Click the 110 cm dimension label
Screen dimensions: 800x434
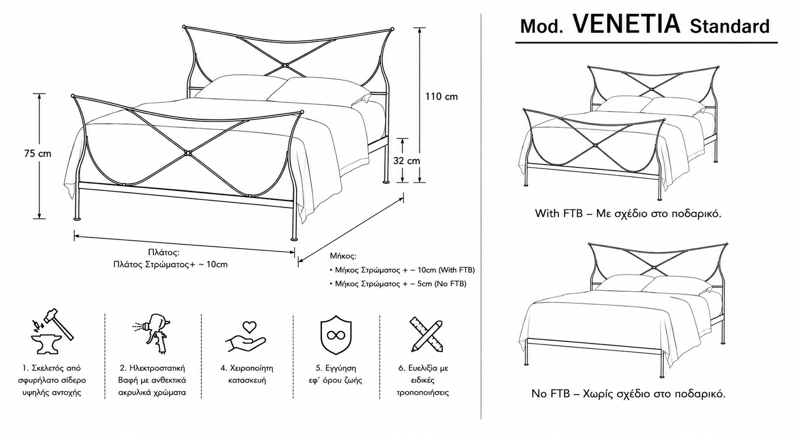click(442, 97)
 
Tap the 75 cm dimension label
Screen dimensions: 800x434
click(38, 154)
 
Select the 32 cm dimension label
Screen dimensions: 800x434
click(407, 161)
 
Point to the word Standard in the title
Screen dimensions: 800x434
click(729, 26)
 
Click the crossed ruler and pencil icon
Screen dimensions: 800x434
click(427, 334)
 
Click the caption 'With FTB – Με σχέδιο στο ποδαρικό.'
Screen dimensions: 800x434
click(628, 214)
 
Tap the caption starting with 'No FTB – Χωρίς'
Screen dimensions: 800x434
click(628, 394)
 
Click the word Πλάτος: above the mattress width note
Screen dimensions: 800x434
click(164, 253)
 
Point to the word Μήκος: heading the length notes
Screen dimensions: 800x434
click(343, 256)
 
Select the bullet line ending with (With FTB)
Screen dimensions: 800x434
click(403, 270)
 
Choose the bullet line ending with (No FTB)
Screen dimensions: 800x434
click(398, 284)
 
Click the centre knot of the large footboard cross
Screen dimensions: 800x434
click(188, 153)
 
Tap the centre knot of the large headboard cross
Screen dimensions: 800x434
click(285, 65)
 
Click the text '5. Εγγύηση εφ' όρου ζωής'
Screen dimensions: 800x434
click(335, 374)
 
